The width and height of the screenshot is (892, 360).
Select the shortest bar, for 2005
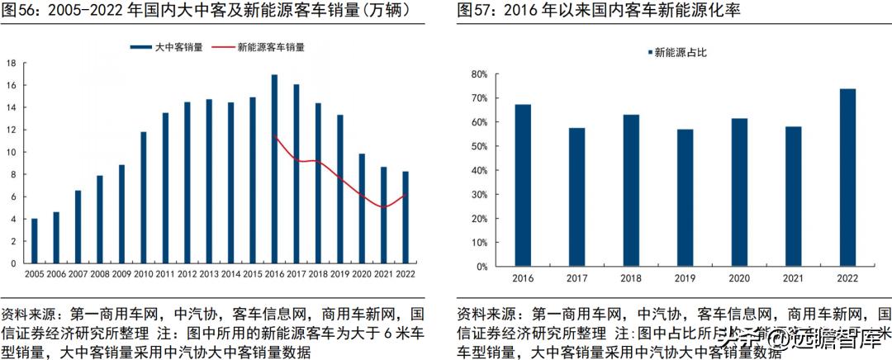34,241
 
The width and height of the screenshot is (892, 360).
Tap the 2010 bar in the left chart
143,198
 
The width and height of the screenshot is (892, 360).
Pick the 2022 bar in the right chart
848,178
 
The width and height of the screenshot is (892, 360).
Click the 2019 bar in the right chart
685,198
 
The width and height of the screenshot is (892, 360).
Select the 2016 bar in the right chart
522,186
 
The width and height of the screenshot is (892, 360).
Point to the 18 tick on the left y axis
12,63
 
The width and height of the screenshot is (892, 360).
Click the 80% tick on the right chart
480,73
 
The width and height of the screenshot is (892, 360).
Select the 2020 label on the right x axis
739,279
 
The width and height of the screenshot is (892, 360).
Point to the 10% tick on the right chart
480,243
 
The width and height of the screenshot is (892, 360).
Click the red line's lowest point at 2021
383,207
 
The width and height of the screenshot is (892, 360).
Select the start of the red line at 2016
274,136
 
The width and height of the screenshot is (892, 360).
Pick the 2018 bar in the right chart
631,191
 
